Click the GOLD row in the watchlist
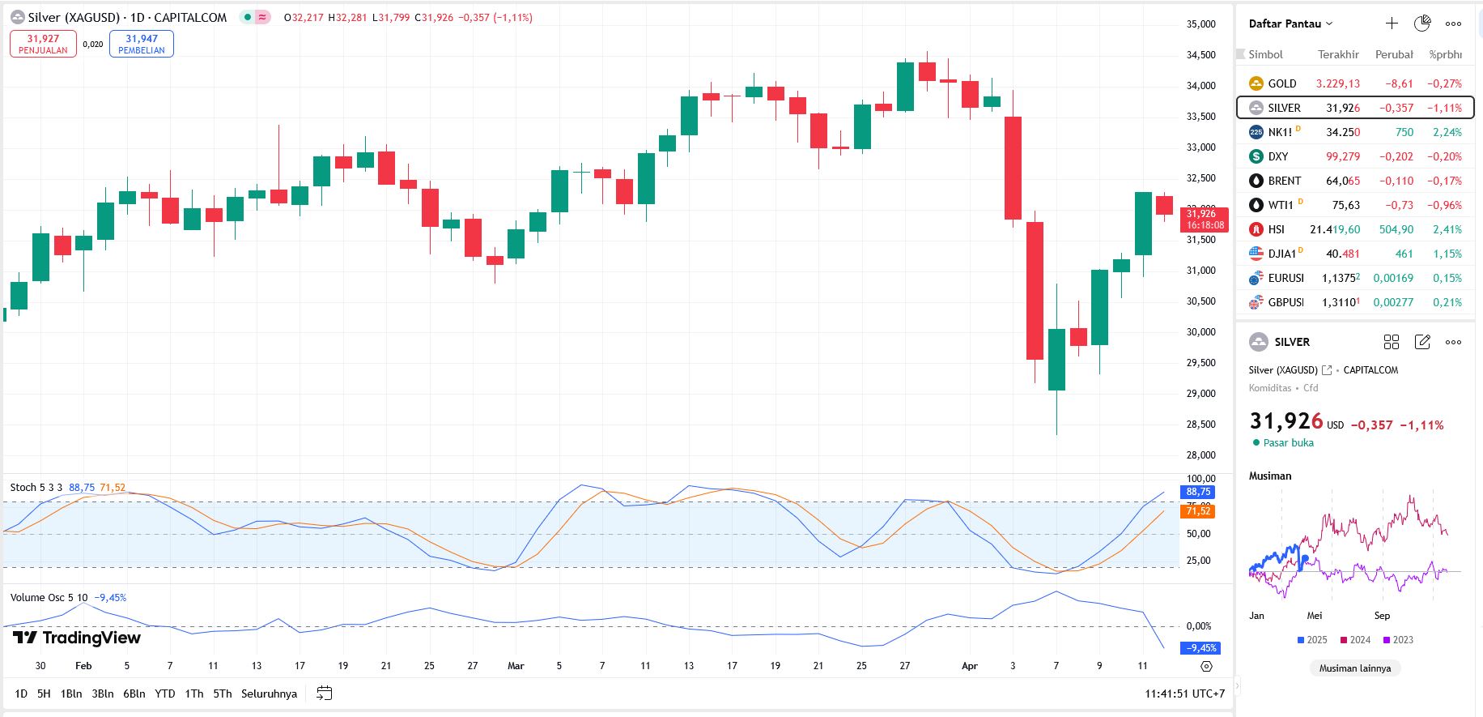coord(1282,83)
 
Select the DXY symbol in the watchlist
coord(1278,156)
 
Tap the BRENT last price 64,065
coord(1342,181)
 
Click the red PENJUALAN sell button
coord(43,44)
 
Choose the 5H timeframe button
coord(44,694)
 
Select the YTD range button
coord(164,694)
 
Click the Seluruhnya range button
coord(269,694)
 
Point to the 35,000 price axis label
coord(1201,24)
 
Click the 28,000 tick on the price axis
coord(1201,455)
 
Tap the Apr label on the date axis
coord(969,666)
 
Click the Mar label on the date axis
coord(516,666)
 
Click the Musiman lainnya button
coord(1354,668)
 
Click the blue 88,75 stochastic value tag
coord(1198,492)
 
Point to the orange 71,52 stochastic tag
coord(1198,511)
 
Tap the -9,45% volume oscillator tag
coord(1201,648)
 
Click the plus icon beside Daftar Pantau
coord(1392,23)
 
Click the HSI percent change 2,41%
coord(1447,229)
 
